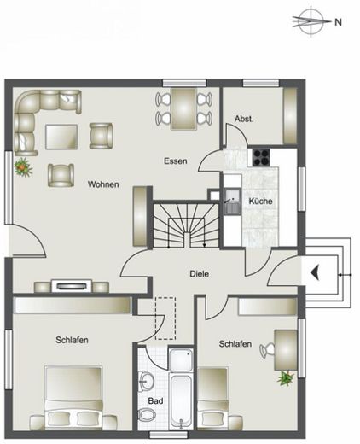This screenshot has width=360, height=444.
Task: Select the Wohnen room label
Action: coord(102,184)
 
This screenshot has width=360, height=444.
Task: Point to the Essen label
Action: coord(176,161)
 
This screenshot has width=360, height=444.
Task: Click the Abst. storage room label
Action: coord(245,120)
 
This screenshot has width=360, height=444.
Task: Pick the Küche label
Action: coord(260,201)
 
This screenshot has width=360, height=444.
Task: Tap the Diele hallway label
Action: coord(200,274)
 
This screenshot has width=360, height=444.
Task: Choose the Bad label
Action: coord(155,400)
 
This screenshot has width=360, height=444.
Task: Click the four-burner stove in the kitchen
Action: coord(259,156)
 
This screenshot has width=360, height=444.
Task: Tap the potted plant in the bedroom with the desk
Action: coord(283,376)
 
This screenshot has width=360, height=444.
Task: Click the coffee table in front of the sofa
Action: coord(61,137)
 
